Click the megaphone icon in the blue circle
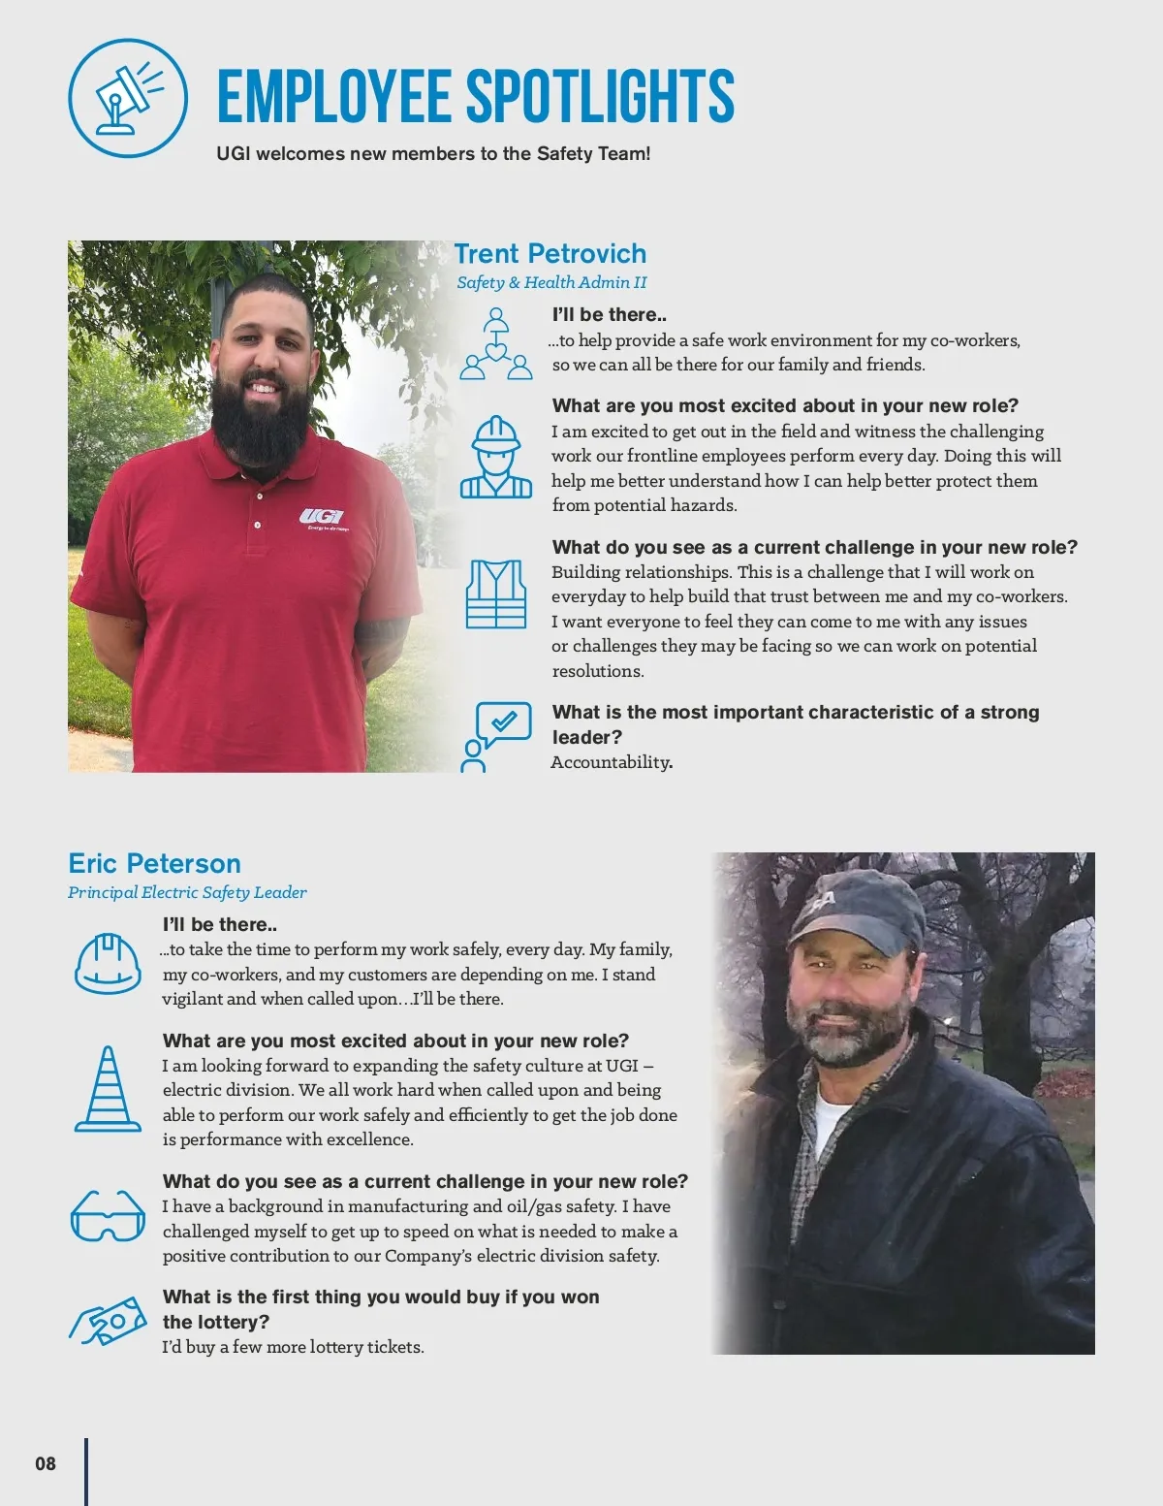(x=128, y=98)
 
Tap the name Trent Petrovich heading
(x=550, y=254)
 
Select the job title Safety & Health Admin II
(x=551, y=282)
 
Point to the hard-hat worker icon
(x=495, y=457)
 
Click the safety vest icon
(x=496, y=593)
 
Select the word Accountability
(x=611, y=762)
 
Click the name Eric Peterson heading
(x=154, y=863)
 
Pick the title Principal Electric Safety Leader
(x=187, y=892)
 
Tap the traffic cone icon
(x=108, y=1089)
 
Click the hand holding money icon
(x=108, y=1322)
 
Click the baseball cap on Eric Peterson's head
(x=853, y=909)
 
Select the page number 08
(x=46, y=1463)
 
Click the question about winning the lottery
(x=380, y=1309)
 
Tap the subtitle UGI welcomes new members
(x=433, y=153)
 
